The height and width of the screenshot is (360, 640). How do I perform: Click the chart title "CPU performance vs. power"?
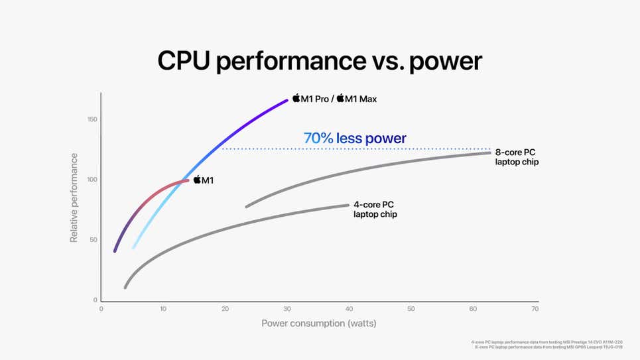point(320,60)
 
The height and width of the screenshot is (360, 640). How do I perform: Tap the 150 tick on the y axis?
point(92,119)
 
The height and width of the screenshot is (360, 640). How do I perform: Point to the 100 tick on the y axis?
point(92,180)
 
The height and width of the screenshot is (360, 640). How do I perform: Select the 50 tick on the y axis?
point(94,240)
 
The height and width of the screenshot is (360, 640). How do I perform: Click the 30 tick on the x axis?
point(287,309)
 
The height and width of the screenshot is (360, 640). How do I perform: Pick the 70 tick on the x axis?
point(535,309)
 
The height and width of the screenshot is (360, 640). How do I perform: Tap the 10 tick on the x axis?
point(163,309)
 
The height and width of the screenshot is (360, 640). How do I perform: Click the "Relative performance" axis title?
point(74,198)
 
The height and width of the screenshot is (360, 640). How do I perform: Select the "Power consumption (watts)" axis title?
point(319,324)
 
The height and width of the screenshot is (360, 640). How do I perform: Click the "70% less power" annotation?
point(355,139)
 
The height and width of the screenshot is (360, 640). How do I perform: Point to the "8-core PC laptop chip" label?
point(517,157)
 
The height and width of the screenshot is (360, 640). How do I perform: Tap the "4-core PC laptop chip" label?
point(375,210)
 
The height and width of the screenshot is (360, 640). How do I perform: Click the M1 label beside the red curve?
point(208,180)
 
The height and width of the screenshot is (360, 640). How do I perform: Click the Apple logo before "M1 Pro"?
point(296,99)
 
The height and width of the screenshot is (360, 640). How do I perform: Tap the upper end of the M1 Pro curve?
point(287,100)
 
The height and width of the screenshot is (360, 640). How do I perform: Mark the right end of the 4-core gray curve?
point(348,206)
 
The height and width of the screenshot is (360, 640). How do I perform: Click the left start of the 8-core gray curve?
point(247,207)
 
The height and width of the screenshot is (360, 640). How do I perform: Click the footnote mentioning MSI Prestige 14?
point(546,342)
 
